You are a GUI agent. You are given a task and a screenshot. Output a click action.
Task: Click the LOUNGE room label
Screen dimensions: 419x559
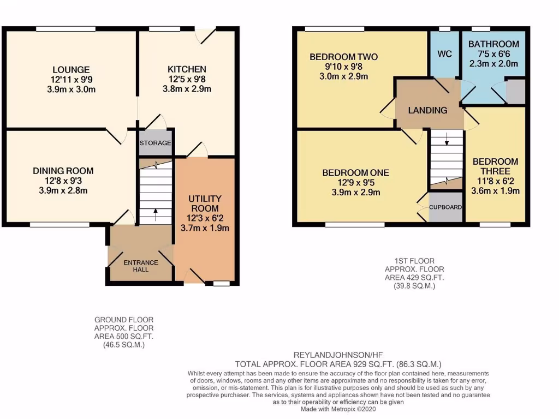tap(71, 70)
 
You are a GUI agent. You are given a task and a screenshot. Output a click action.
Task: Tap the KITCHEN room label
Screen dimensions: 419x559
tap(187, 69)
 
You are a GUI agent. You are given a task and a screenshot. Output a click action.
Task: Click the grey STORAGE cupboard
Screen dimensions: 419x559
tap(156, 143)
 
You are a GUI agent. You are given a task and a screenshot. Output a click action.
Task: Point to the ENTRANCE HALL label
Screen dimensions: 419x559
tap(140, 266)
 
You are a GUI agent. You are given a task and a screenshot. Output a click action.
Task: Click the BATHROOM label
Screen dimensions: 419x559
tap(493, 44)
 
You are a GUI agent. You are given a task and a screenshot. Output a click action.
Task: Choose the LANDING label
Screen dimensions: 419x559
tap(428, 110)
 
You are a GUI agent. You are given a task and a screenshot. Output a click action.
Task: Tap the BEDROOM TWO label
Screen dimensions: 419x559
tap(343, 57)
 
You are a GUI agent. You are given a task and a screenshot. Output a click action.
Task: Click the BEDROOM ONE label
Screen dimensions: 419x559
tap(355, 173)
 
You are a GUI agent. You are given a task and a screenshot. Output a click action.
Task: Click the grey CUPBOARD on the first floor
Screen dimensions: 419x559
tap(445, 207)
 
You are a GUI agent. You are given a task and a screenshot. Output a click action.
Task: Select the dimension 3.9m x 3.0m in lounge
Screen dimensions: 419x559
tap(71, 89)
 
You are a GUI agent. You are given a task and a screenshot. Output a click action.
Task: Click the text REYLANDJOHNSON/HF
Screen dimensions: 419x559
tap(337, 354)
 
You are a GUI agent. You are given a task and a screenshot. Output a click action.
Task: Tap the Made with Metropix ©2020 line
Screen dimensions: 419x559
tap(338, 409)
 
